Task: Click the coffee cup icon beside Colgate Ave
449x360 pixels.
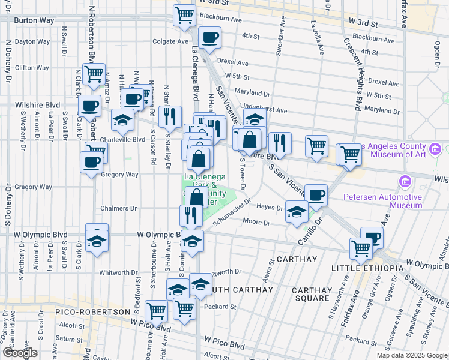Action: (x=209, y=38)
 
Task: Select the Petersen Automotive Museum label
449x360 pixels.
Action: (x=382, y=201)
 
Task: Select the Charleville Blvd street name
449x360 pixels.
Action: (x=122, y=139)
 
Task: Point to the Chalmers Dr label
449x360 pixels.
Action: (x=119, y=209)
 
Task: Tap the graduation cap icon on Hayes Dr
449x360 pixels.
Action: (x=296, y=212)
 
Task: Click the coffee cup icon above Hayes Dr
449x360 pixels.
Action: (x=316, y=194)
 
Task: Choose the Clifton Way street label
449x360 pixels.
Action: (x=32, y=68)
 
